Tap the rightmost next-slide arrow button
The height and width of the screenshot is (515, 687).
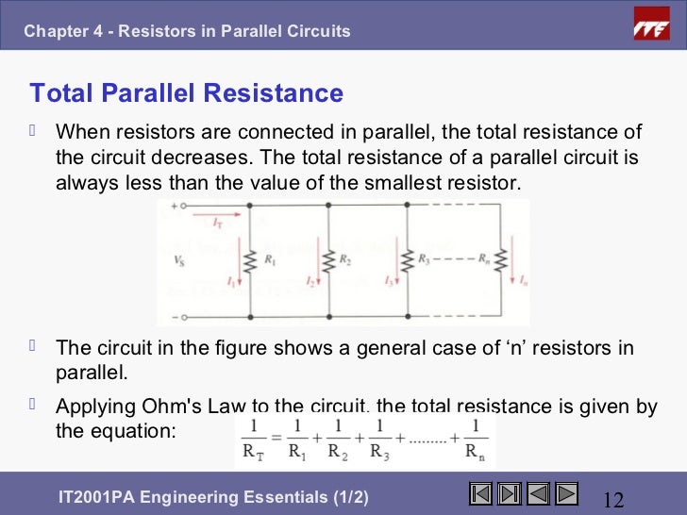[x=566, y=493]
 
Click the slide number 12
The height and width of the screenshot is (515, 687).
[x=614, y=497]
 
